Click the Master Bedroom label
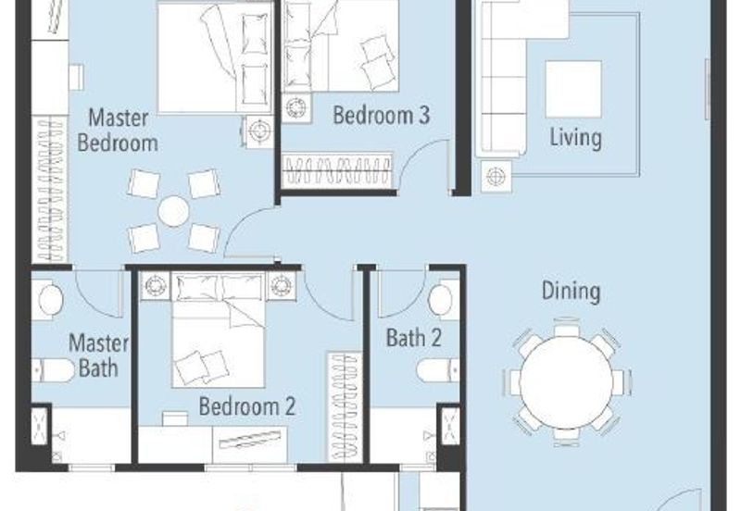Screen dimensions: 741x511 [119, 131]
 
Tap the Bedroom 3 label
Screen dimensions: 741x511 [382, 115]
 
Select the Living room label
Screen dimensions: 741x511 [575, 137]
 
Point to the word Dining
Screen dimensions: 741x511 [571, 291]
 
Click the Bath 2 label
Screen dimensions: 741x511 [414, 338]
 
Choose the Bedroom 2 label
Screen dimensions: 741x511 [246, 406]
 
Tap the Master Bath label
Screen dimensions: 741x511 [98, 355]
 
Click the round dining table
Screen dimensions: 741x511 [566, 382]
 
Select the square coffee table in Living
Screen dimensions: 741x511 [573, 89]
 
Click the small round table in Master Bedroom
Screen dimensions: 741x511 [173, 211]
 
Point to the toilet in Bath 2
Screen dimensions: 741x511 [438, 369]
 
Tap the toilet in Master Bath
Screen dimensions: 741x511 [53, 370]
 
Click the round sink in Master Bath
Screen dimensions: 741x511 [51, 299]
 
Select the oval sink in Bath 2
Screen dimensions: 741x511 [441, 300]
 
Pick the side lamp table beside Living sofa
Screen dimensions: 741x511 [496, 177]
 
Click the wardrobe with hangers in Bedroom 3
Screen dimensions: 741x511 [338, 170]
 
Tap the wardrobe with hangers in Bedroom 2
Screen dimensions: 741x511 [345, 407]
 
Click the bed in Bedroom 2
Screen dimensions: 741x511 [219, 330]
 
